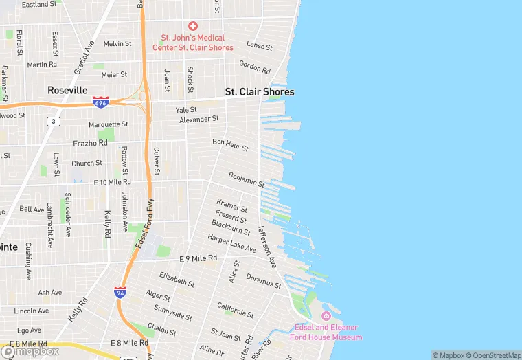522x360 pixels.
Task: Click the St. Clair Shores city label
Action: click(260, 92)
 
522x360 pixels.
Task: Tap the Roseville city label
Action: click(67, 90)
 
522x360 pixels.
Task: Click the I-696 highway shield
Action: click(101, 102)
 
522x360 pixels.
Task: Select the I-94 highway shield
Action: click(120, 293)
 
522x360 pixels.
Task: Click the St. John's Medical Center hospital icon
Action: click(193, 26)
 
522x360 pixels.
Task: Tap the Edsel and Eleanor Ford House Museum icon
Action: click(326, 315)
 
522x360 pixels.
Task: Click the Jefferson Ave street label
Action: click(266, 246)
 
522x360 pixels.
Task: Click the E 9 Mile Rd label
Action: click(198, 258)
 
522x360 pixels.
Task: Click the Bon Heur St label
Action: click(230, 145)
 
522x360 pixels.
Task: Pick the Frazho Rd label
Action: click(90, 144)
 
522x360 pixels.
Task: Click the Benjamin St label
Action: click(247, 180)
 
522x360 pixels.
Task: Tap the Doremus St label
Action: click(264, 280)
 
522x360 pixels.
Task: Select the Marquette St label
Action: click(109, 124)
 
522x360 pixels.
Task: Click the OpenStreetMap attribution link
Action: click(492, 355)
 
